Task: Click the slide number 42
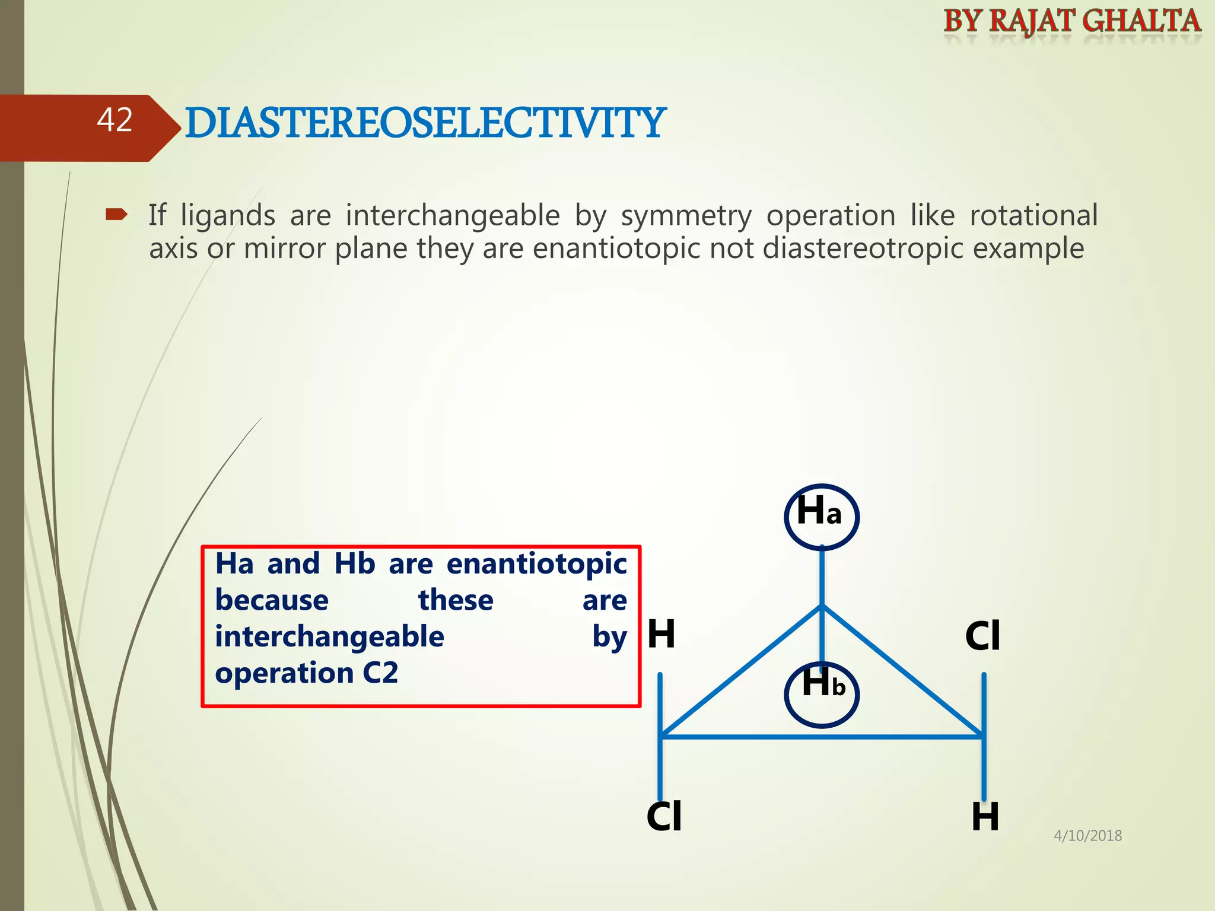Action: tap(114, 120)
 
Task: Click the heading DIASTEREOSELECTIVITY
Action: tap(425, 123)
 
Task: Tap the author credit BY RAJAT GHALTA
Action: tap(1071, 21)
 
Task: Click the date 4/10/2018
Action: tap(1087, 836)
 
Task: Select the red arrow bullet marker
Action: tap(116, 215)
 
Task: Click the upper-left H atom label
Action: tap(661, 634)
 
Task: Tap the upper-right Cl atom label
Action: tap(982, 636)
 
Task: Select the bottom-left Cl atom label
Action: tap(664, 817)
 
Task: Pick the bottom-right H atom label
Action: tap(985, 817)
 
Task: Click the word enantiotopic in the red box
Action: tap(536, 564)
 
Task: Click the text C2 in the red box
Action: tap(380, 673)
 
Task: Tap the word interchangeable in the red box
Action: tap(329, 637)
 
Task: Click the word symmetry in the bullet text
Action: tap(686, 216)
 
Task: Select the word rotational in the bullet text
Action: tap(1033, 215)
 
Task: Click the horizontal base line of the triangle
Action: tap(822, 737)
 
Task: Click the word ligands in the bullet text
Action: tap(228, 216)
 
